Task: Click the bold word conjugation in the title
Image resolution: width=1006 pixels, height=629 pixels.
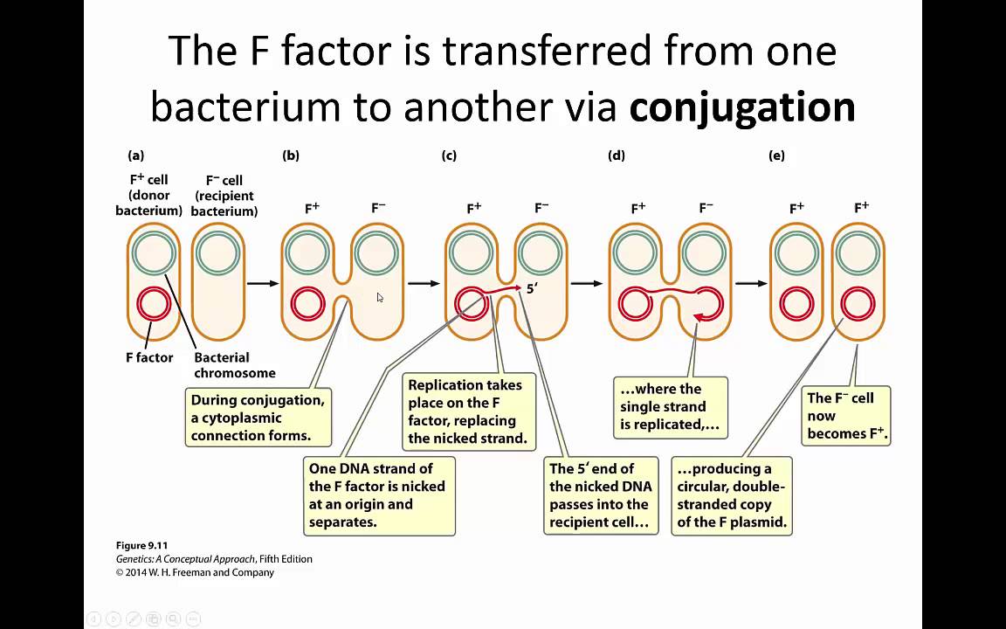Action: [741, 107]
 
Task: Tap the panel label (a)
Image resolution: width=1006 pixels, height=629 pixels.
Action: [135, 156]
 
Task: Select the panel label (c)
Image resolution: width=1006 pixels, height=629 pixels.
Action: [449, 156]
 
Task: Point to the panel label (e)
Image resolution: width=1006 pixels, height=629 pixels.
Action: [776, 156]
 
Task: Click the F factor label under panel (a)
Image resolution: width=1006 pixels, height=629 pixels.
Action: [149, 357]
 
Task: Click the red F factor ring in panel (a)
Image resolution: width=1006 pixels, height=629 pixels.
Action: [154, 305]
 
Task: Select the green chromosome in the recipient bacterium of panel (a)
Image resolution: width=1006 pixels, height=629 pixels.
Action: [217, 254]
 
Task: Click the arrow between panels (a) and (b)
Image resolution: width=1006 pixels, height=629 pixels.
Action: [262, 283]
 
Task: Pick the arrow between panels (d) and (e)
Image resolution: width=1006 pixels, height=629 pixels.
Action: [750, 283]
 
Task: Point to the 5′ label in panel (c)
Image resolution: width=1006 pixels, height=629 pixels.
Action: [532, 287]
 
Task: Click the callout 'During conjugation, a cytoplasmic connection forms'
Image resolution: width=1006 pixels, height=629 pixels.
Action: [258, 418]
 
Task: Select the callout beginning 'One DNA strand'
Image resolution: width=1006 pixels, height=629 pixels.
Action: [378, 495]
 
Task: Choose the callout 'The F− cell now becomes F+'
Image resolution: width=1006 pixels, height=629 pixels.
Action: [845, 416]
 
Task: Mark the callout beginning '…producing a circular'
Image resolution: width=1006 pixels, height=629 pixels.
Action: [731, 495]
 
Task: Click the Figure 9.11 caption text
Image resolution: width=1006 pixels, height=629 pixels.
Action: [141, 546]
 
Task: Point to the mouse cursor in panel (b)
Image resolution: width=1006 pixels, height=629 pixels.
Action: [380, 298]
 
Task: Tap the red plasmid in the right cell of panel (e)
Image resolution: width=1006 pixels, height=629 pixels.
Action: [858, 305]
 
